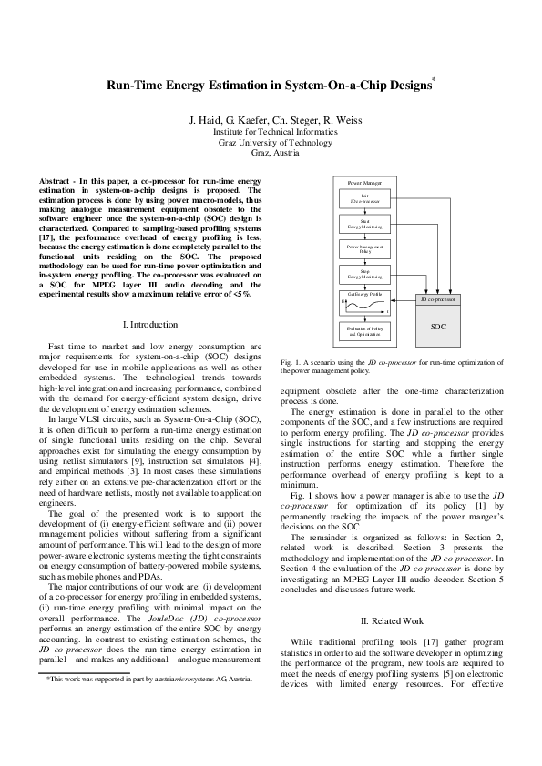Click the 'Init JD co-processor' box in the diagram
point(364,198)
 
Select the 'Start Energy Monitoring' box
point(364,223)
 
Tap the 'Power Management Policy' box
point(364,247)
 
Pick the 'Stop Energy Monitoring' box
point(364,273)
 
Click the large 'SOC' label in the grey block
point(438,324)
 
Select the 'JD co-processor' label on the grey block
point(438,297)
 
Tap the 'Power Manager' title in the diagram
point(364,182)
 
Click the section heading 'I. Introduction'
point(150,324)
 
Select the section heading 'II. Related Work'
point(392,620)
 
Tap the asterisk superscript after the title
point(434,80)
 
